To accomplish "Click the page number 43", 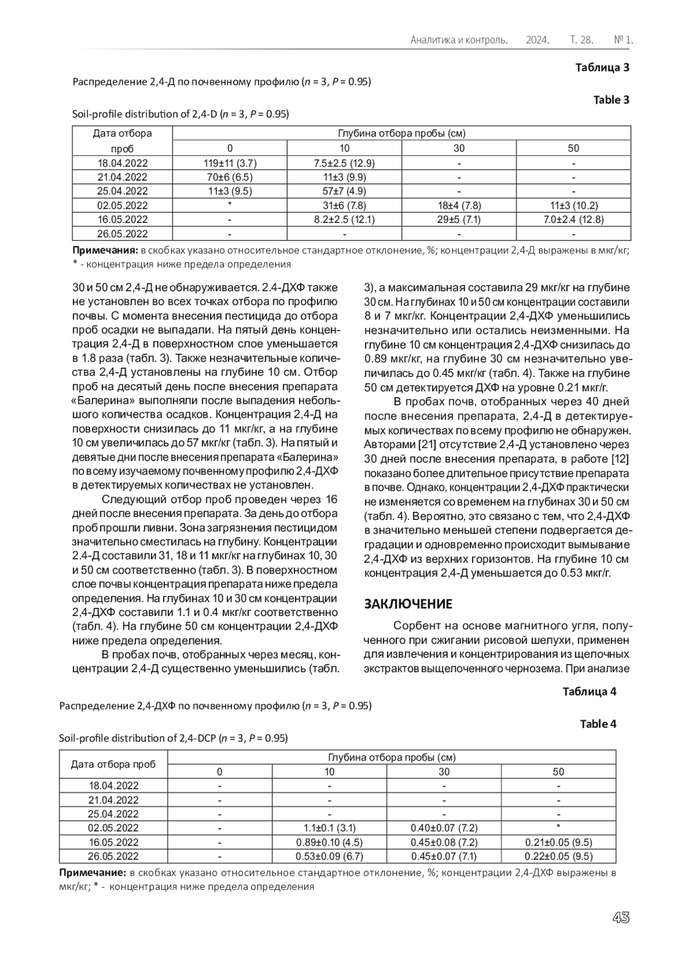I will pyautogui.click(x=621, y=918).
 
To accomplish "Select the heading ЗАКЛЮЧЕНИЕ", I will pyautogui.click(x=409, y=604).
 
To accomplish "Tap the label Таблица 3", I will pyautogui.click(x=602, y=67).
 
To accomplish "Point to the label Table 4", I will pyautogui.click(x=598, y=724).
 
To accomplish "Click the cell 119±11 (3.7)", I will pyautogui.click(x=230, y=163).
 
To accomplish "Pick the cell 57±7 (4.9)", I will pyautogui.click(x=344, y=191).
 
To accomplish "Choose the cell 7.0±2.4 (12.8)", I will pyautogui.click(x=573, y=219).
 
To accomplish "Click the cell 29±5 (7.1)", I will pyautogui.click(x=459, y=219).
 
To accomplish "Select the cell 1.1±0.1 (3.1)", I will pyautogui.click(x=330, y=828).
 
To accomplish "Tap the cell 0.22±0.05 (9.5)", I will pyautogui.click(x=558, y=856).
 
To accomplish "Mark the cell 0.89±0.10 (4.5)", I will pyautogui.click(x=330, y=842).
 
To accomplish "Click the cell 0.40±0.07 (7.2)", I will pyautogui.click(x=444, y=828).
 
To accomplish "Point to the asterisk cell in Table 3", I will pyautogui.click(x=230, y=206).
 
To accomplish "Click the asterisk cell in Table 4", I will pyautogui.click(x=558, y=828).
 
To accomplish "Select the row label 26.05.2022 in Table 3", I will pyautogui.click(x=122, y=234).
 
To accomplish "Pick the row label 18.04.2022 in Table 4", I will pyautogui.click(x=114, y=785).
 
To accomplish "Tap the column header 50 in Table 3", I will pyautogui.click(x=573, y=148).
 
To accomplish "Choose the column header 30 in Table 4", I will pyautogui.click(x=444, y=772).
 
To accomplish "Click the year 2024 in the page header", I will pyautogui.click(x=537, y=40).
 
